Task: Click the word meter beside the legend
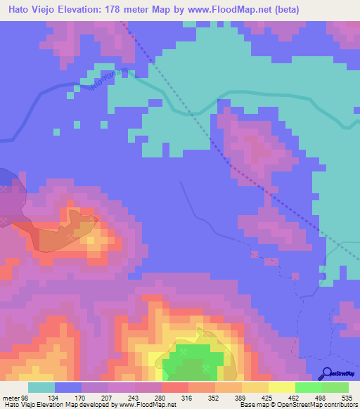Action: click(11, 398)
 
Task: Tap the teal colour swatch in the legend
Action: click(41, 387)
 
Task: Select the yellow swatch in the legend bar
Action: click(281, 387)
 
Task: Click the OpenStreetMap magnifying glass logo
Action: click(326, 374)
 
